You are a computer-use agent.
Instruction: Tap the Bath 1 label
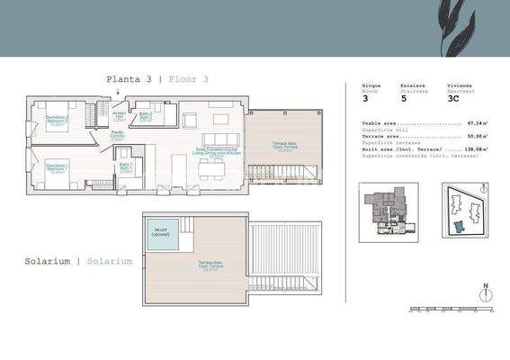127,168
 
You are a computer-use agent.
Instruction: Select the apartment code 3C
455,100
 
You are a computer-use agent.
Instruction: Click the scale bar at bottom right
451,310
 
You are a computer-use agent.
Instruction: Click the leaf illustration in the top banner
466,24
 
